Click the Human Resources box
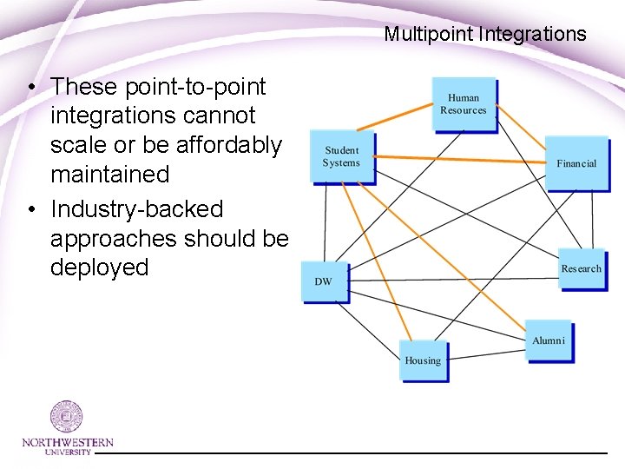[x=464, y=103]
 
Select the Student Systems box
[x=343, y=156]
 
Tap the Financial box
[x=576, y=162]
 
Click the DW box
[x=324, y=281]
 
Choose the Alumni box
[x=548, y=340]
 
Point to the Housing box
[x=423, y=360]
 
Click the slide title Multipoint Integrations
[x=485, y=35]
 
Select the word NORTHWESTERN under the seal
[x=68, y=442]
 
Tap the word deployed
[x=100, y=268]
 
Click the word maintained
[x=110, y=175]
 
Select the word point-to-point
[x=196, y=87]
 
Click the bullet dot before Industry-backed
[x=30, y=210]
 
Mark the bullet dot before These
[x=30, y=88]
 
